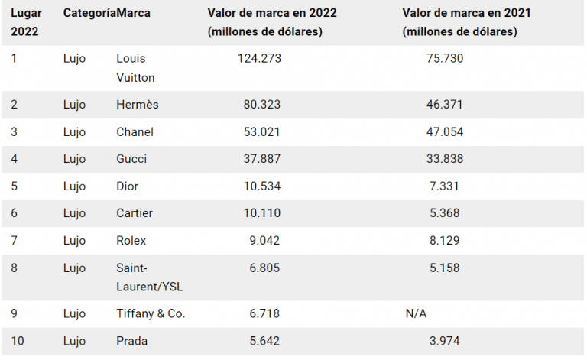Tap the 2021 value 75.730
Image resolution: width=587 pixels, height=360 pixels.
coord(444,58)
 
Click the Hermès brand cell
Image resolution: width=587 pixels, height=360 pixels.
coord(138,105)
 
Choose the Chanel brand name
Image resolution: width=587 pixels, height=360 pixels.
coord(135,132)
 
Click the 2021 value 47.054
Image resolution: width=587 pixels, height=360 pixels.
coord(444,132)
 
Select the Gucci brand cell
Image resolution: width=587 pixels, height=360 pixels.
coord(131,159)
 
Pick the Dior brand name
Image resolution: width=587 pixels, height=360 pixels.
coord(128,186)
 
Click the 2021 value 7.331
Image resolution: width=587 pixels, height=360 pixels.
coord(447,186)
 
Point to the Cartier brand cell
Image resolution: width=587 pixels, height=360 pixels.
coord(134,213)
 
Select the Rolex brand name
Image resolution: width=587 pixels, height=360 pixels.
coord(131,241)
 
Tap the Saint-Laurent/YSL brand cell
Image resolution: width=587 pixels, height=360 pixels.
coord(149,277)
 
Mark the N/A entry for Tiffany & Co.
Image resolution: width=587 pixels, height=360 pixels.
coord(417,314)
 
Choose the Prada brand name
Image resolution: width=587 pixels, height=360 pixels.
coord(131,342)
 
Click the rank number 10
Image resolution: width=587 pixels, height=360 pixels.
coord(18,342)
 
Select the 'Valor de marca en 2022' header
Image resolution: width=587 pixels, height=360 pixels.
coord(272,14)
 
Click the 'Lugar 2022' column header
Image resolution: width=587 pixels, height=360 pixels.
coord(25,22)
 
